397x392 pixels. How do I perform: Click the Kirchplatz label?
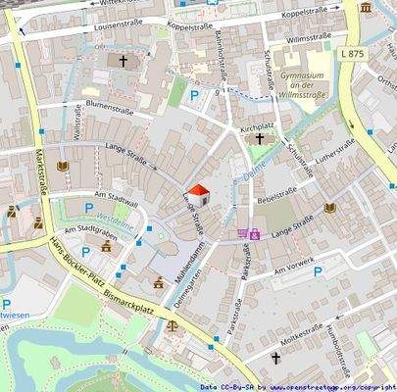click(255, 127)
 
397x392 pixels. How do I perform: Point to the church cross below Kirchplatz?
click(259, 139)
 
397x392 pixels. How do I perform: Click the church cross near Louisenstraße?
click(124, 61)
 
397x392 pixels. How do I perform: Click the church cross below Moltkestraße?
click(275, 360)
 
